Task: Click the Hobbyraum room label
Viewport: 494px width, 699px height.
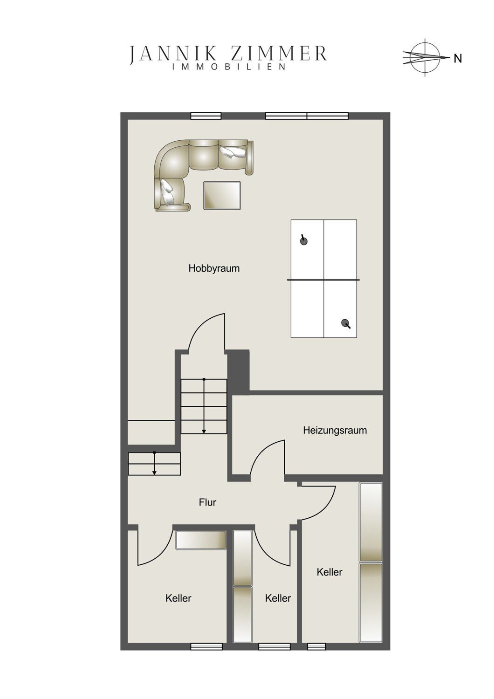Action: pyautogui.click(x=214, y=268)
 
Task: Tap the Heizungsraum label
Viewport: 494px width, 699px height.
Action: pyautogui.click(x=335, y=431)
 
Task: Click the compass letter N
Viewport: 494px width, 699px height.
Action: pyautogui.click(x=458, y=59)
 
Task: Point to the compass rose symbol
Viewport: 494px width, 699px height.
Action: pyautogui.click(x=425, y=57)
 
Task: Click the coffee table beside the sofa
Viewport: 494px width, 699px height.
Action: pyautogui.click(x=222, y=195)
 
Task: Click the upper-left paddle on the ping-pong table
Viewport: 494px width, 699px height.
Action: pyautogui.click(x=303, y=240)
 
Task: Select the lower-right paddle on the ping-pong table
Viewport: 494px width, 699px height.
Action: pyautogui.click(x=345, y=323)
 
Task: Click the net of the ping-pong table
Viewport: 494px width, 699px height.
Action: pyautogui.click(x=323, y=280)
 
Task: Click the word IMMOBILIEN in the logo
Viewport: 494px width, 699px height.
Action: pyautogui.click(x=229, y=67)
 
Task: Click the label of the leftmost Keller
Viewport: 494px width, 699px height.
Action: pyautogui.click(x=178, y=598)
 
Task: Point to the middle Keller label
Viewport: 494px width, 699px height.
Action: pyautogui.click(x=278, y=598)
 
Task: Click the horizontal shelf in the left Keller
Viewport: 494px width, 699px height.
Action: pyautogui.click(x=201, y=540)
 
